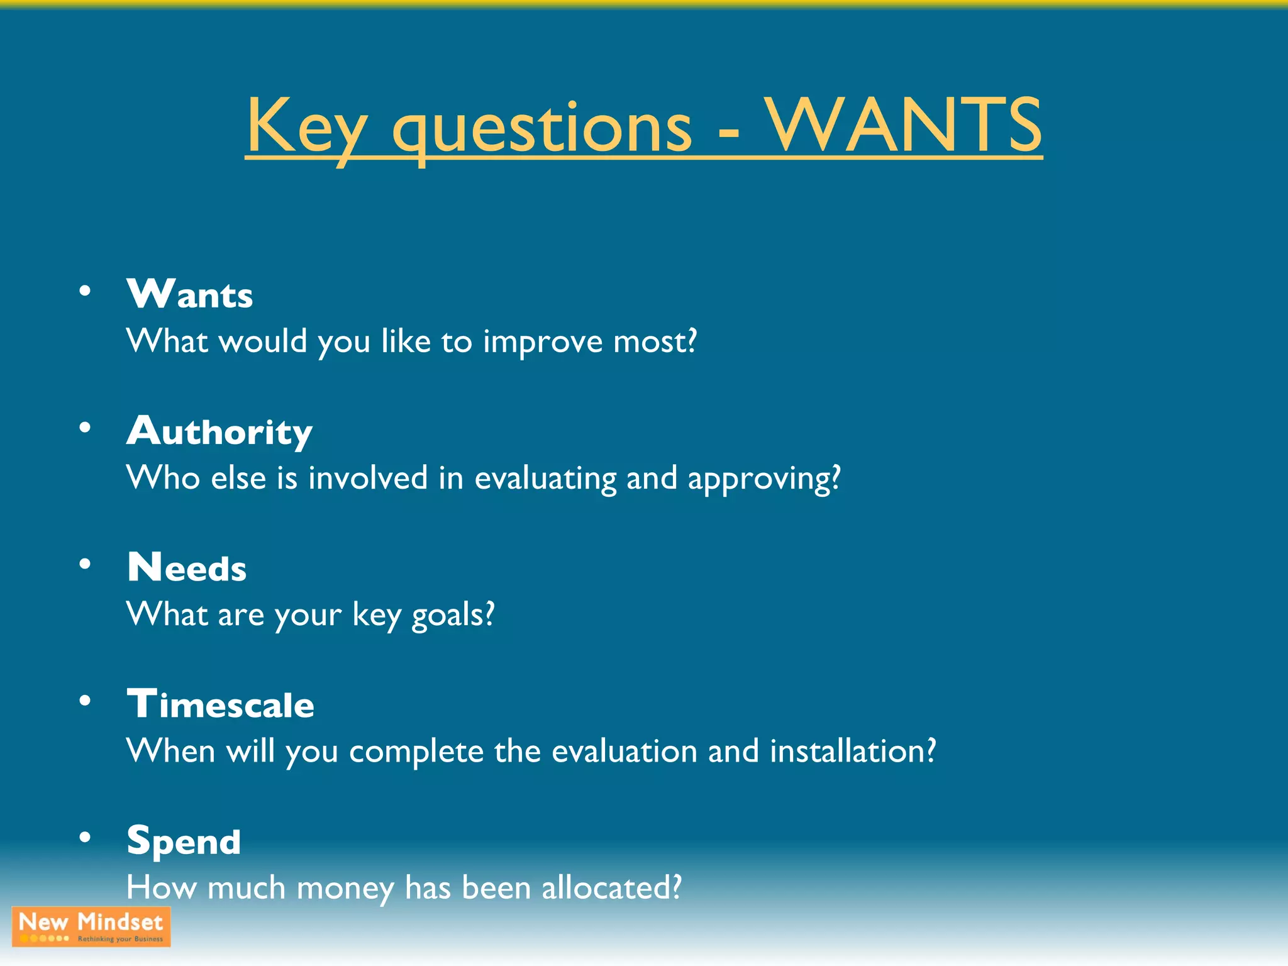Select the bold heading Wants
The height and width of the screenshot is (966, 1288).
[189, 294]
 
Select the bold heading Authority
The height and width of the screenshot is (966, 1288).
[219, 431]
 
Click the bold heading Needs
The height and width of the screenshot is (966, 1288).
[187, 567]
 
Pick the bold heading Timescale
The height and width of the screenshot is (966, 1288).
[220, 704]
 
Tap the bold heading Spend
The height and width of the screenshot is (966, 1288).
[184, 841]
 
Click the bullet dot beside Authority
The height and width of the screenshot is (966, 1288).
[85, 428]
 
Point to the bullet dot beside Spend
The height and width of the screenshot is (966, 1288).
[85, 838]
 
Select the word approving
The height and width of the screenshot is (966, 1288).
[763, 479]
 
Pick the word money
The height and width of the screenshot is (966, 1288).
[345, 889]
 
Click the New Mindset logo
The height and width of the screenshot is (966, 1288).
[91, 926]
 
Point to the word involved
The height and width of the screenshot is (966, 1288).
[368, 478]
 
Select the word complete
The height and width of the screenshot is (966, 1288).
[416, 752]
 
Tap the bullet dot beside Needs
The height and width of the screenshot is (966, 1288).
[85, 564]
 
